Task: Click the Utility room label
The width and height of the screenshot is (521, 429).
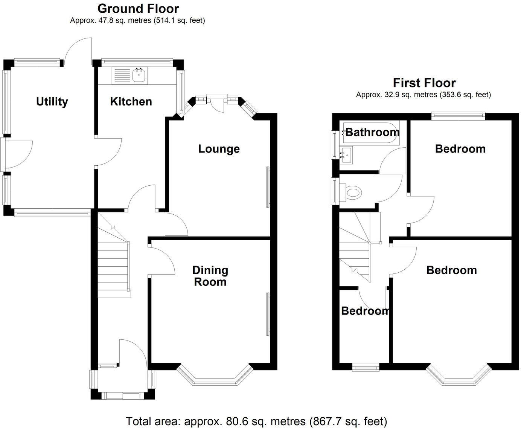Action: (x=52, y=102)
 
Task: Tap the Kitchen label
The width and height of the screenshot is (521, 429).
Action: (x=131, y=102)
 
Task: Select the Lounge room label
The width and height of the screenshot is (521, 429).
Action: (x=219, y=149)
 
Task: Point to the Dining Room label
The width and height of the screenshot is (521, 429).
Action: (x=210, y=276)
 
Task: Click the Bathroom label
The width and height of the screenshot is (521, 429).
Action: (x=372, y=132)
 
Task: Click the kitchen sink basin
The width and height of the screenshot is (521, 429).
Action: (x=139, y=75)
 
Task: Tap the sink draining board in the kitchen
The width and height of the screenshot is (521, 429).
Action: (x=122, y=76)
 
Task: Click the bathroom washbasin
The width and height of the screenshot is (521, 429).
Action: (x=346, y=155)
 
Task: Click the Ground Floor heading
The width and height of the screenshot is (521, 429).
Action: (x=138, y=9)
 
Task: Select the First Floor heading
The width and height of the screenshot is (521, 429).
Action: (x=424, y=83)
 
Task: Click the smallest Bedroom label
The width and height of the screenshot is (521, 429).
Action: (x=365, y=311)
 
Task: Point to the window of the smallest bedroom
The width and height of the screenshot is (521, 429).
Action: (x=366, y=367)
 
